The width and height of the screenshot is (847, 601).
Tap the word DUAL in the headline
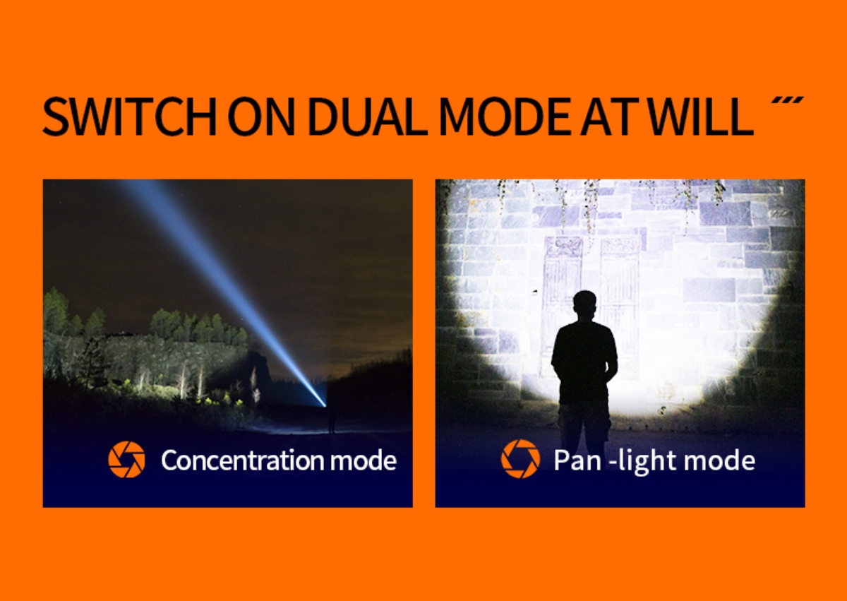tap(368, 117)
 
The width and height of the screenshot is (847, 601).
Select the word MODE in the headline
tap(505, 117)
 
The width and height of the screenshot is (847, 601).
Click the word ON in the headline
tap(262, 117)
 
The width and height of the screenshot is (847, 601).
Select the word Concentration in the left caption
tap(243, 460)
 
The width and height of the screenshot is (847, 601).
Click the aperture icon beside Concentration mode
tap(126, 459)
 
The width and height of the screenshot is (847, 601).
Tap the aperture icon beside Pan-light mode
tap(520, 458)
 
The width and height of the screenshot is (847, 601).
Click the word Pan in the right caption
tap(577, 460)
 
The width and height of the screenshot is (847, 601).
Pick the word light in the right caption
tap(649, 461)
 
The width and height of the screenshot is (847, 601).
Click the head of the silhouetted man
tap(584, 307)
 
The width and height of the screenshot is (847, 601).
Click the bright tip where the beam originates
tap(325, 405)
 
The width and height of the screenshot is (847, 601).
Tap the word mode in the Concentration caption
tap(364, 460)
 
